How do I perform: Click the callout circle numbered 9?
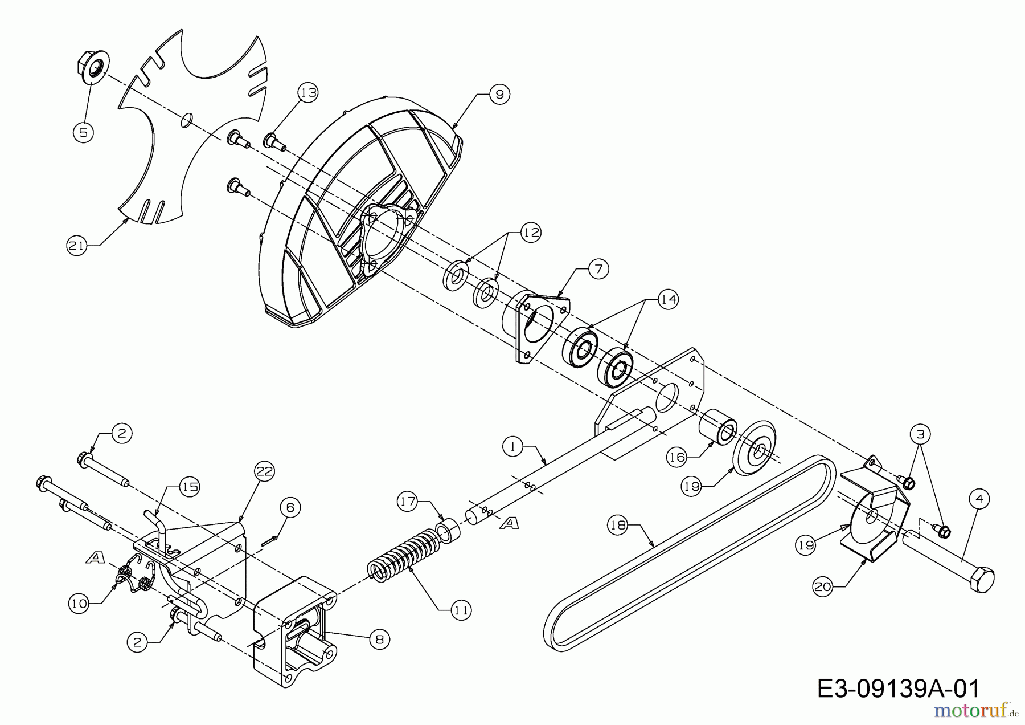[499, 94]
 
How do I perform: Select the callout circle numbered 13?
[308, 93]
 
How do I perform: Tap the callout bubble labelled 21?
[76, 246]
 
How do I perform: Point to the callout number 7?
[598, 268]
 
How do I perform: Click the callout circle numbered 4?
[979, 499]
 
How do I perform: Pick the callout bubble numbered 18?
[618, 525]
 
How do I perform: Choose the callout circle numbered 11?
[461, 610]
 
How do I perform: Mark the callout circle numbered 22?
[265, 471]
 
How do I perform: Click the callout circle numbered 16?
[676, 457]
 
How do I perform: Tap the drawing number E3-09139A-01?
[899, 689]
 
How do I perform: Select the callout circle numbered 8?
[379, 640]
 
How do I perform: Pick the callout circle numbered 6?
[290, 507]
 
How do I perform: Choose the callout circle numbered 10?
[80, 604]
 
